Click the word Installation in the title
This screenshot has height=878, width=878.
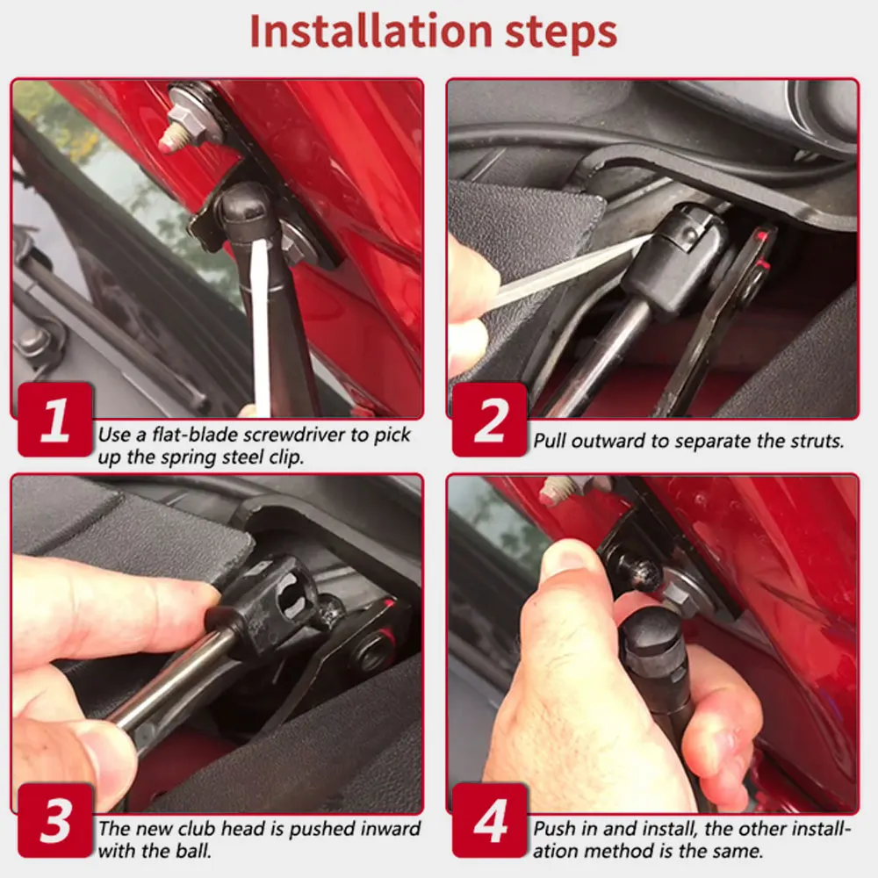point(371,31)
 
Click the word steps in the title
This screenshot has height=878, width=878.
point(561,33)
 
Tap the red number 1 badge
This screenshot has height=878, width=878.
point(54,420)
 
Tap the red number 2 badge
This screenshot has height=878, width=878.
point(490,420)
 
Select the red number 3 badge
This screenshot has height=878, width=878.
point(54,820)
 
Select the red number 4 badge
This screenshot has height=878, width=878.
point(490,820)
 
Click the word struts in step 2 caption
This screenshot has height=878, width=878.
point(817,442)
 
